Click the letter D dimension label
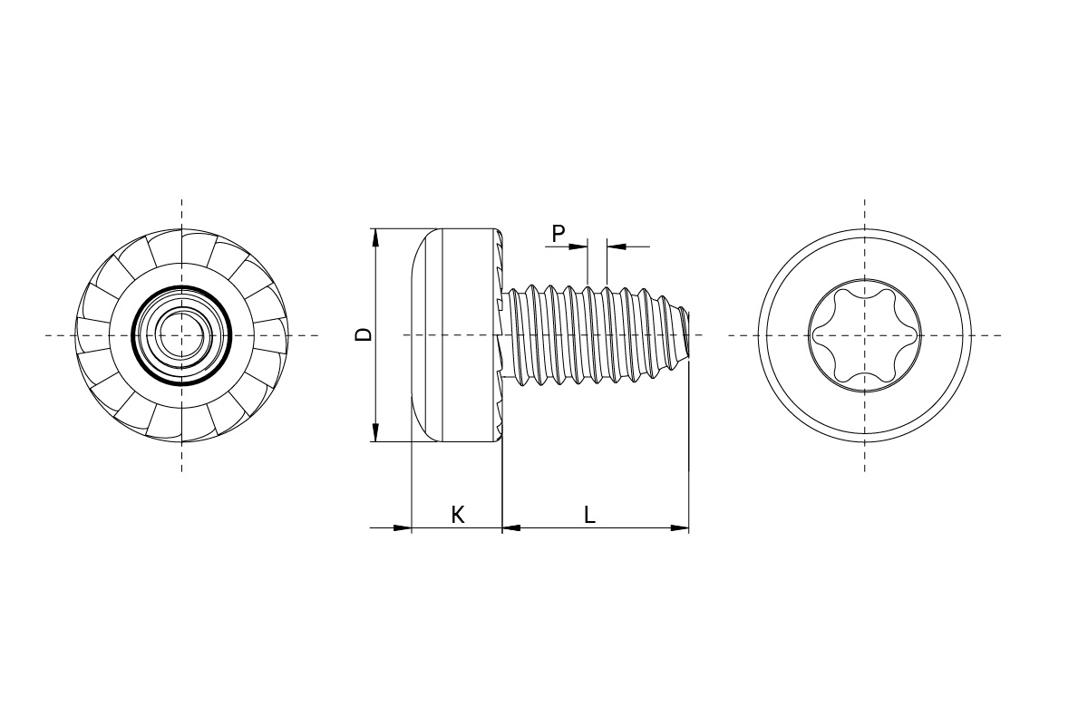pos(364,334)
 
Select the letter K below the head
pos(458,515)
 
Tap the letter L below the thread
pos(589,515)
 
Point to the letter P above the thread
pos(559,233)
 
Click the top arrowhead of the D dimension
pos(375,237)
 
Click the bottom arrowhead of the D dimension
pos(375,433)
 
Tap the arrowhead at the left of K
pos(403,527)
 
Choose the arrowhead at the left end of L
pos(511,527)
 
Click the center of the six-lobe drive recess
pos(864,335)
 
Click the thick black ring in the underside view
pos(134,335)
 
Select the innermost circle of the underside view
pos(182,335)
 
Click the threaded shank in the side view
pos(589,335)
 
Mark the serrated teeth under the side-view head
pos(499,272)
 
